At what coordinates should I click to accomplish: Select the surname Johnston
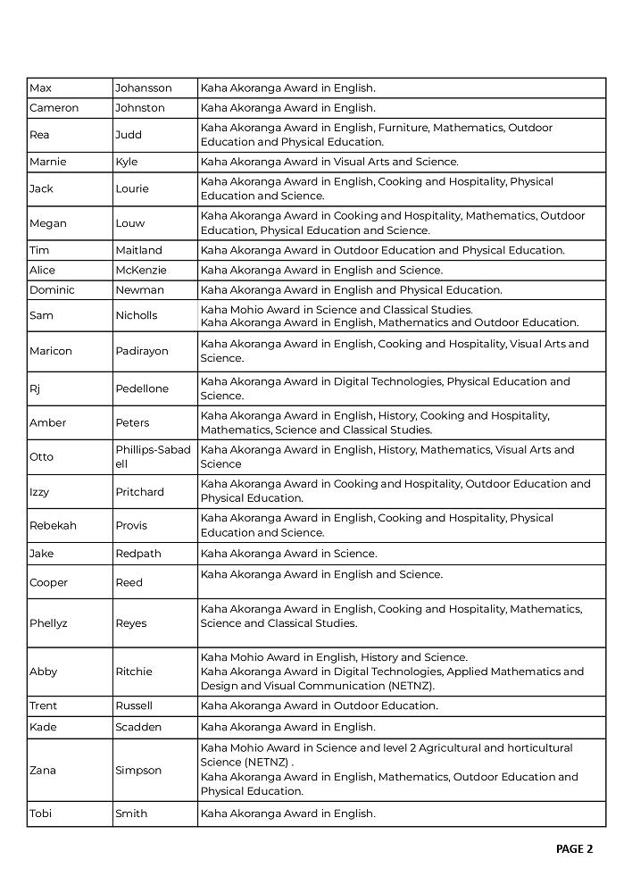pyautogui.click(x=140, y=108)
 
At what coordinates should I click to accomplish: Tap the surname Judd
pyautogui.click(x=129, y=135)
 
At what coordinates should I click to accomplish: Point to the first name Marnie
pyautogui.click(x=47, y=162)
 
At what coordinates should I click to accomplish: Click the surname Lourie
pyautogui.click(x=132, y=188)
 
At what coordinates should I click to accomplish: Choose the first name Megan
pyautogui.click(x=47, y=223)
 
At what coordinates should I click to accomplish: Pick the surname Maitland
pyautogui.click(x=138, y=250)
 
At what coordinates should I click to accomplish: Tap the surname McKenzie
pyautogui.click(x=140, y=270)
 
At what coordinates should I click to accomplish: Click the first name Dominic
pyautogui.click(x=52, y=290)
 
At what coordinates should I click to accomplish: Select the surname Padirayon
pyautogui.click(x=141, y=351)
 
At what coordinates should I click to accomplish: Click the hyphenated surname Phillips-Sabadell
pyautogui.click(x=153, y=456)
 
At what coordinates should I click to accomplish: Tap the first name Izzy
pyautogui.click(x=41, y=491)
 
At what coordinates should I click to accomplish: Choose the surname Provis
pyautogui.click(x=131, y=525)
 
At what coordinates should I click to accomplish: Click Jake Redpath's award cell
pyautogui.click(x=288, y=554)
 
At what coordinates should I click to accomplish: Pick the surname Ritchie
pyautogui.click(x=133, y=672)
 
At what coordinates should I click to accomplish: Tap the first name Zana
pyautogui.click(x=42, y=770)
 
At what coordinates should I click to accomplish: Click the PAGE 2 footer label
pyautogui.click(x=574, y=848)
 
